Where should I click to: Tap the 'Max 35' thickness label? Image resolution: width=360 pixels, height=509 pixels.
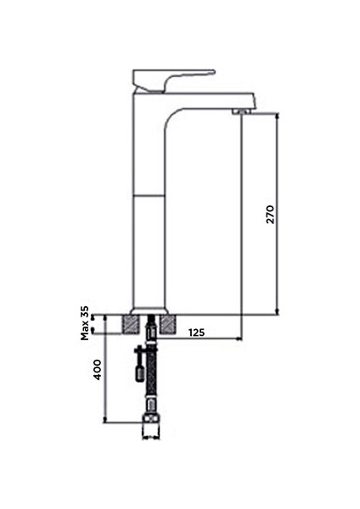click(x=86, y=323)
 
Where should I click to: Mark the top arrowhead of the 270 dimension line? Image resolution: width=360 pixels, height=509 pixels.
click(x=278, y=114)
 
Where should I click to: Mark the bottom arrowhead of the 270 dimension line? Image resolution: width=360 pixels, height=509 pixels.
click(x=278, y=310)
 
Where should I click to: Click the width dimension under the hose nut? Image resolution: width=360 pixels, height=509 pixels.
click(x=150, y=439)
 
